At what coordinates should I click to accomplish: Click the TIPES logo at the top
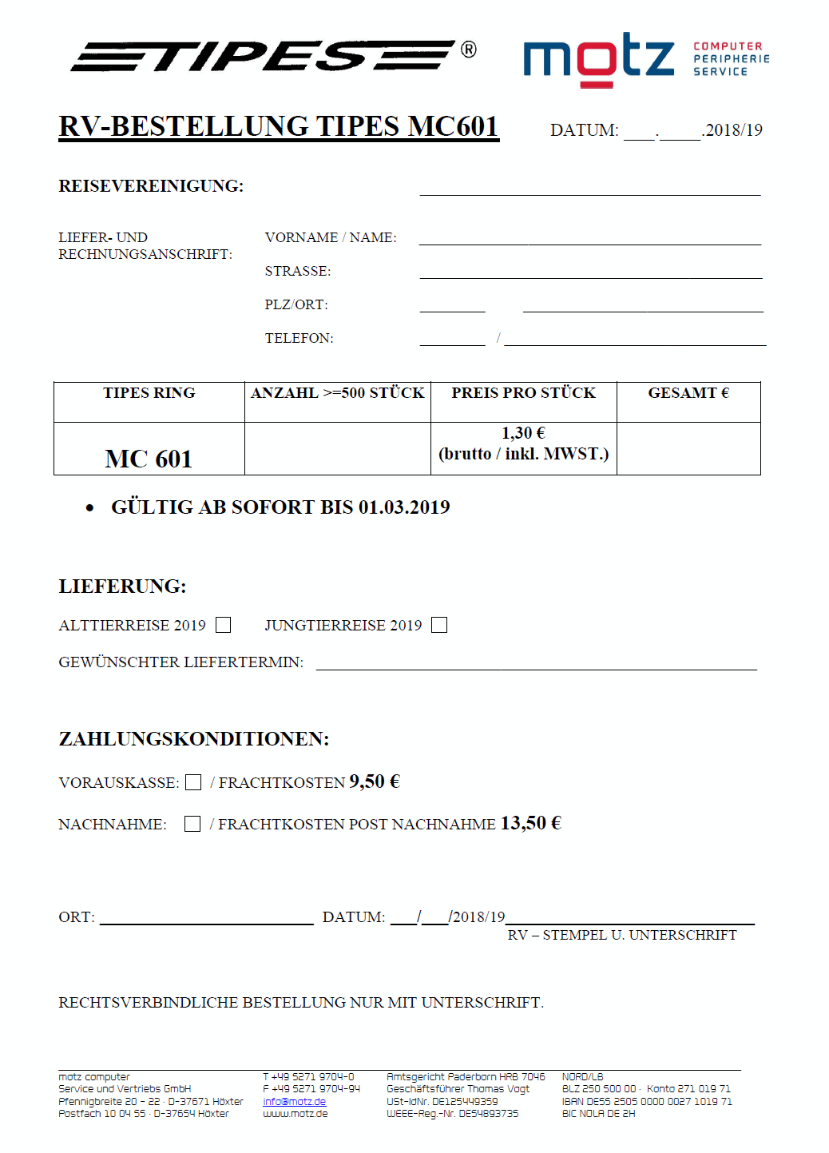coord(264,56)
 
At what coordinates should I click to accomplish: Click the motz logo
coord(599,58)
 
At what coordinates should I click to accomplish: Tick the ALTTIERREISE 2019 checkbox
coord(224,625)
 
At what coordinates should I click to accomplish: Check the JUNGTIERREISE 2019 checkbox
coord(439,625)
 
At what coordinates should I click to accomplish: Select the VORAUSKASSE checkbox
coord(193,782)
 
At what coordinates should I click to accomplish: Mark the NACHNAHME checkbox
coord(192,824)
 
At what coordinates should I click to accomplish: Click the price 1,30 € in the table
coord(523,433)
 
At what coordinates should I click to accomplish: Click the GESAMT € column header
coord(688,393)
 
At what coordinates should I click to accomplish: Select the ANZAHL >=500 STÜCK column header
coord(337,393)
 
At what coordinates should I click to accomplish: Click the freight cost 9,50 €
coord(374,781)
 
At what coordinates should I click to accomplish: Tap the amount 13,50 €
coord(530,823)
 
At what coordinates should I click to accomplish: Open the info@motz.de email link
coord(294,1102)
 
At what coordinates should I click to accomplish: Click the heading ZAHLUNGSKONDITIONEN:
coord(194,739)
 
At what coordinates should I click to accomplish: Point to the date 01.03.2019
coord(404,507)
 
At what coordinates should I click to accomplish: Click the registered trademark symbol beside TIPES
coord(469,50)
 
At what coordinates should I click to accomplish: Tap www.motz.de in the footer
coord(295,1114)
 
